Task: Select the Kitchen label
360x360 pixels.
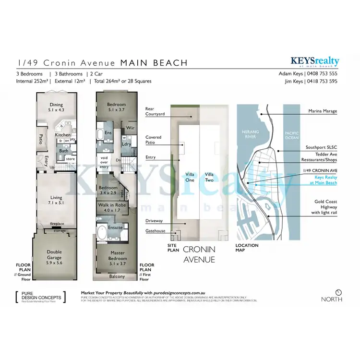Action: click(62, 135)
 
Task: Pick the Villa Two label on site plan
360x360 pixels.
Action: click(209, 177)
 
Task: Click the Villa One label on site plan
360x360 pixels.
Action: click(190, 177)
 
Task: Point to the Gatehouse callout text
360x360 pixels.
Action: click(155, 231)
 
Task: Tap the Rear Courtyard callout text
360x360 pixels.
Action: click(156, 111)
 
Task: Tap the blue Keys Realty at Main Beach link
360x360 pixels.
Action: click(323, 180)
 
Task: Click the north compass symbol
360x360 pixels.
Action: click(338, 292)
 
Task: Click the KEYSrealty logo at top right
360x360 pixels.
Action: click(314, 61)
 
